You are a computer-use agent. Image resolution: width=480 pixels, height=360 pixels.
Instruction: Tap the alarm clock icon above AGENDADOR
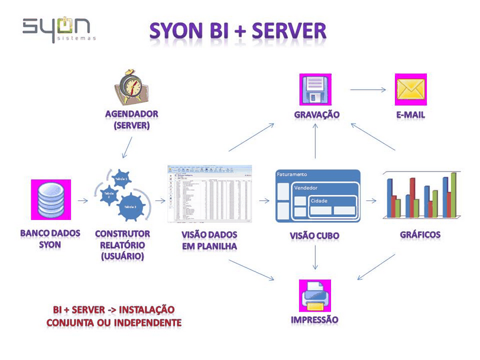coord(131,87)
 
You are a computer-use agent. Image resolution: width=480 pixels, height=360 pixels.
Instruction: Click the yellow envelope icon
coord(411,89)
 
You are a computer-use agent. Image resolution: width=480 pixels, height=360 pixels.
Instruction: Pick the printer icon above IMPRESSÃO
coord(314,294)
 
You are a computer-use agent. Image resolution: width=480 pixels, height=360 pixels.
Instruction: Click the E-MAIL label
coord(411,115)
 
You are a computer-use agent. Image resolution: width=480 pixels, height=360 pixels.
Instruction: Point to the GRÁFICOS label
coord(420,234)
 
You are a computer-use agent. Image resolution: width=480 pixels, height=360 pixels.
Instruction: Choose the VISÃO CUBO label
coord(314,235)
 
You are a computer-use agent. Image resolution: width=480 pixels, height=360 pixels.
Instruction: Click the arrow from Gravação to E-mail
coord(367,90)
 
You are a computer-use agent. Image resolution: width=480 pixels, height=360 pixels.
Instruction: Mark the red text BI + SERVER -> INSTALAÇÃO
coord(113,310)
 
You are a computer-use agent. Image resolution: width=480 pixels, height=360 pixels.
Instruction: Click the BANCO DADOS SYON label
coord(50,239)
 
